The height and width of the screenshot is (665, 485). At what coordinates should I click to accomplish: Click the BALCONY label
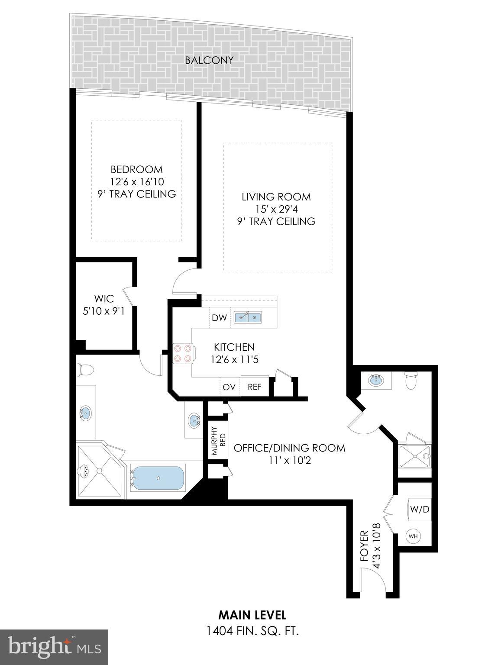[x=209, y=60]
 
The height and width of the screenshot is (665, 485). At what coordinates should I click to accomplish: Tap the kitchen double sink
[x=248, y=318]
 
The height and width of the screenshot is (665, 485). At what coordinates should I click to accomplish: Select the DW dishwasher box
[x=219, y=318]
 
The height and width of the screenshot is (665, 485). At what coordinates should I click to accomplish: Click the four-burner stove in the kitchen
[x=182, y=353]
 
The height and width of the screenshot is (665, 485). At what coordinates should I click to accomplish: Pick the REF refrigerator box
[x=254, y=387]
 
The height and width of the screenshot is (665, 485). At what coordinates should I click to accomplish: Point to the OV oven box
[x=229, y=387]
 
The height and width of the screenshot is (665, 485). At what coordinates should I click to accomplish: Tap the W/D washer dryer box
[x=419, y=509]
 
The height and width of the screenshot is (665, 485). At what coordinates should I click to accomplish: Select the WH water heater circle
[x=413, y=536]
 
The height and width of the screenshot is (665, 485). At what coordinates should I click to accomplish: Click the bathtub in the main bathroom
[x=158, y=478]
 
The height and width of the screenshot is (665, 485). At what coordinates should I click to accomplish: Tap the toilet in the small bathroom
[x=410, y=381]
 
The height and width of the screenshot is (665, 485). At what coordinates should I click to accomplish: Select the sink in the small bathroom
[x=375, y=381]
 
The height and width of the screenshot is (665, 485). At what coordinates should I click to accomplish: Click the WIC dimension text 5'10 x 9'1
[x=104, y=310]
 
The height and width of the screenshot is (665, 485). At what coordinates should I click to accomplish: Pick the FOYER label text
[x=364, y=546]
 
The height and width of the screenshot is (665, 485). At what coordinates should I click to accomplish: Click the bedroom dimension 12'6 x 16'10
[x=137, y=181]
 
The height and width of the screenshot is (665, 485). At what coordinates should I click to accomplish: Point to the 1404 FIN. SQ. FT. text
[x=252, y=631]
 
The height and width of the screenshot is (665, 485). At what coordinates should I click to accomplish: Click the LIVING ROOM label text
[x=276, y=197]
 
